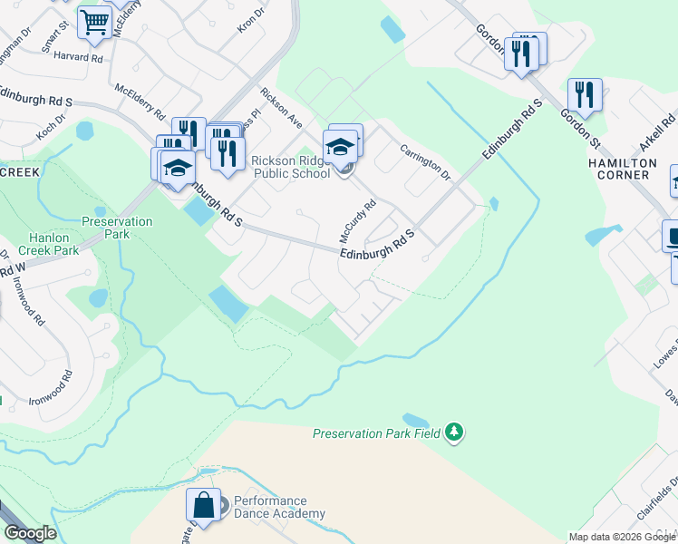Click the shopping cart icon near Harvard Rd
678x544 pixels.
(x=94, y=24)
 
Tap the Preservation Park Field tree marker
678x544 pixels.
(x=454, y=433)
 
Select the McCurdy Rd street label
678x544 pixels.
(x=357, y=220)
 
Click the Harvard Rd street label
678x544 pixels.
(x=78, y=57)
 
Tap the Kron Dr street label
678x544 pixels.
(x=250, y=20)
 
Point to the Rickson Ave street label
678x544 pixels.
(x=280, y=107)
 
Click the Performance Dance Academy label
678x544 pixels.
(x=279, y=508)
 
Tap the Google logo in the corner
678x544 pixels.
(x=29, y=533)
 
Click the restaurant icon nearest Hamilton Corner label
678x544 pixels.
(x=586, y=95)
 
